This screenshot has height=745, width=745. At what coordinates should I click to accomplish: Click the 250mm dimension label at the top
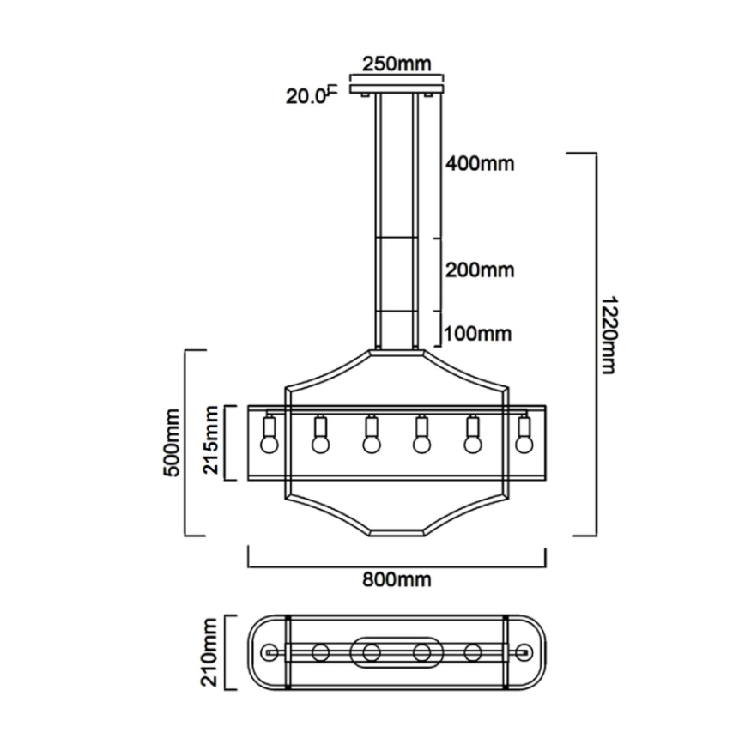pyautogui.click(x=396, y=64)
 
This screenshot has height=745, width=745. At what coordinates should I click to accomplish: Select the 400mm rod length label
pyautogui.click(x=479, y=162)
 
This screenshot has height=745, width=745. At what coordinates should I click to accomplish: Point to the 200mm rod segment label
pyautogui.click(x=479, y=270)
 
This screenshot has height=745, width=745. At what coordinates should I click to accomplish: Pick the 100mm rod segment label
pyautogui.click(x=479, y=332)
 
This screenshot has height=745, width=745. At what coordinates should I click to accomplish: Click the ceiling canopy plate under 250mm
pyautogui.click(x=396, y=87)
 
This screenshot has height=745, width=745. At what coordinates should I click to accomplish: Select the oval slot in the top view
pyautogui.click(x=396, y=652)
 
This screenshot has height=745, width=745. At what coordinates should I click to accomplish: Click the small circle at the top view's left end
pyautogui.click(x=272, y=652)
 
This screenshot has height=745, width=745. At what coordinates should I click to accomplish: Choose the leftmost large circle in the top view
pyautogui.click(x=320, y=652)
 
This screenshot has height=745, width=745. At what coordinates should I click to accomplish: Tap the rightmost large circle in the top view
pyautogui.click(x=471, y=652)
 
